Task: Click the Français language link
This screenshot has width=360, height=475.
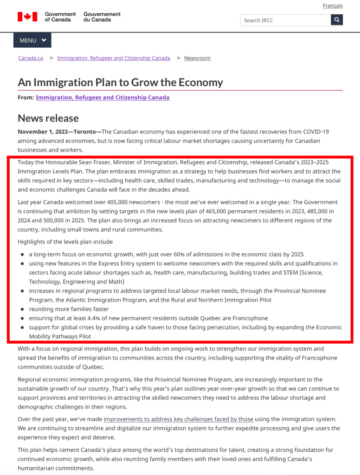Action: pos(333,6)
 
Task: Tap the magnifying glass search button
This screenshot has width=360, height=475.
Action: pos(337,20)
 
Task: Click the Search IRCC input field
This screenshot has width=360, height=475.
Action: pos(285,20)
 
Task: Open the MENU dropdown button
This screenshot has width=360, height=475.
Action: pos(32,40)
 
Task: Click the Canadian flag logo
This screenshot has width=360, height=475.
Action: pos(27,17)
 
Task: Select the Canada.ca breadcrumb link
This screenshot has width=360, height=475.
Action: pos(31,58)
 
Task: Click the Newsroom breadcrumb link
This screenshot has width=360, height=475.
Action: pos(197,58)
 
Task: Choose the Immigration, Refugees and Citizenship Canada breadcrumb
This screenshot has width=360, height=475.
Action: pos(113,58)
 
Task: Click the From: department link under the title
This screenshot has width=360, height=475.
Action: pos(102,97)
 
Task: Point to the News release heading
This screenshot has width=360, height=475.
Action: pos(48,118)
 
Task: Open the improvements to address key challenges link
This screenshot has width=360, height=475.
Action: pos(178,419)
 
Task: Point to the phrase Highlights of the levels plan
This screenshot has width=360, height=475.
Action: pos(65,242)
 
